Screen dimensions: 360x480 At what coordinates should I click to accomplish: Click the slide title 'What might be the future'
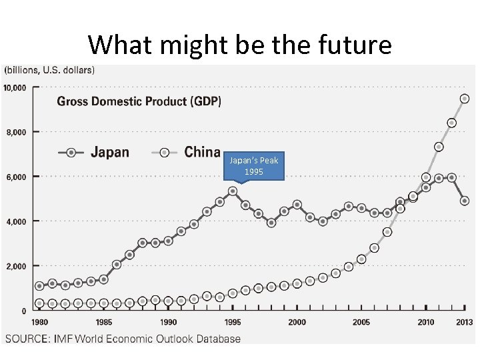(239, 45)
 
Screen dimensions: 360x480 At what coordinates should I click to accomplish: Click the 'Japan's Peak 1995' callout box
(253, 165)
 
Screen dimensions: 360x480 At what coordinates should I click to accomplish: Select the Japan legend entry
(93, 152)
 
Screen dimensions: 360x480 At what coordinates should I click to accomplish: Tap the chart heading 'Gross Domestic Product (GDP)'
(139, 101)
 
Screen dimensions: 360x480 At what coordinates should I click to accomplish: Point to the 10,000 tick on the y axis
(15, 87)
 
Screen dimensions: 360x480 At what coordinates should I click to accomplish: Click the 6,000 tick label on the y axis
(16, 177)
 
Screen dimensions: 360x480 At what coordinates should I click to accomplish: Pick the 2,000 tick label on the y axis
(16, 266)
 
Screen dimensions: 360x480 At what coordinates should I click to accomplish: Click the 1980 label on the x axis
(39, 322)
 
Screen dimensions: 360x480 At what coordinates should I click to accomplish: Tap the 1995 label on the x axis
(233, 322)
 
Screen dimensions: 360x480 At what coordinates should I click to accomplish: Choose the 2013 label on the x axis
(465, 322)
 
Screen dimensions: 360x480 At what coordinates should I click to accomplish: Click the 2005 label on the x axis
(361, 322)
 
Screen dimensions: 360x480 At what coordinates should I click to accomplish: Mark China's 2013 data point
(465, 99)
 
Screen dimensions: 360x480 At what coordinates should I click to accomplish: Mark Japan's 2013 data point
(465, 201)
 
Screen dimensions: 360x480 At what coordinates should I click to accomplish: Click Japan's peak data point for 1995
(233, 191)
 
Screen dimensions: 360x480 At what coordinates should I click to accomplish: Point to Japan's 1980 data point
(39, 286)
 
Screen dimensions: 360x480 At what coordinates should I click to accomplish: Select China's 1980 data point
(39, 303)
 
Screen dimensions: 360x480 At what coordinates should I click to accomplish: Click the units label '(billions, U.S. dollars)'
(50, 69)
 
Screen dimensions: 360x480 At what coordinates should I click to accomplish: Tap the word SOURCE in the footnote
(27, 339)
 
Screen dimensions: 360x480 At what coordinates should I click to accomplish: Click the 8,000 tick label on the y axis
(16, 132)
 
